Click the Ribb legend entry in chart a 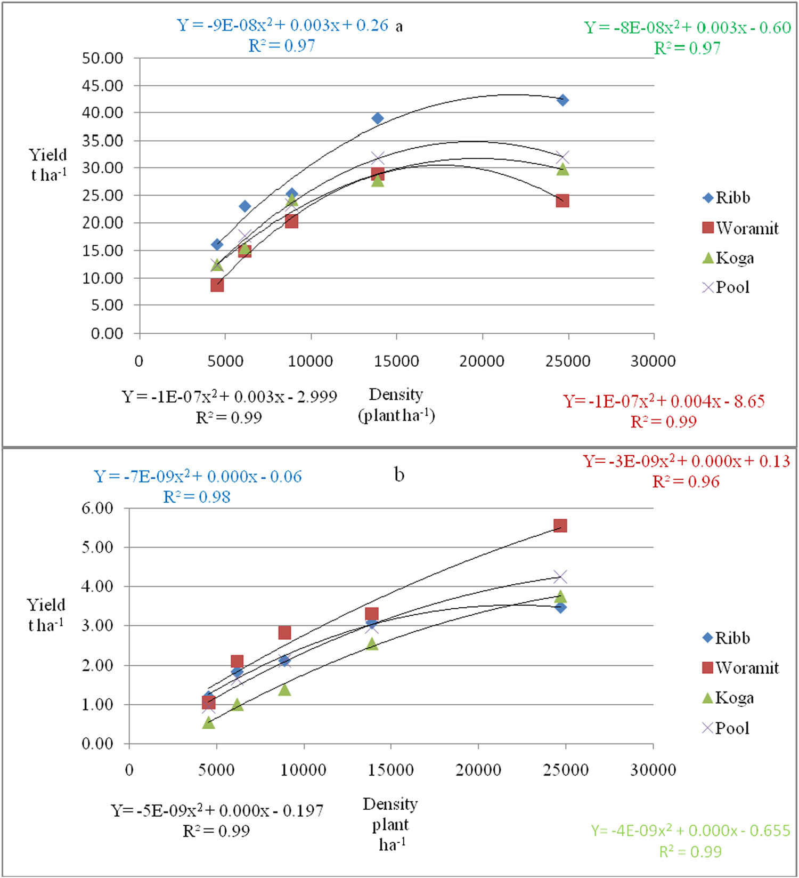[727, 198]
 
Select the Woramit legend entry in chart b [740, 668]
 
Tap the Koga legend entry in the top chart [729, 258]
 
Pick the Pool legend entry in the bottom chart [726, 728]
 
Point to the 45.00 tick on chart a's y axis [102, 85]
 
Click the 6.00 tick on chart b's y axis [97, 508]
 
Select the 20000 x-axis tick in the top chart [482, 361]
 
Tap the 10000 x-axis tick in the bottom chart [303, 770]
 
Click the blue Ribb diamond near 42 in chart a [562, 100]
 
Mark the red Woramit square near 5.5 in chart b [560, 526]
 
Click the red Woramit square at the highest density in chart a [562, 201]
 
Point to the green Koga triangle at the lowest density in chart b [208, 723]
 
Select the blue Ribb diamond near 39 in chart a [378, 118]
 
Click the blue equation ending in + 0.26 [282, 26]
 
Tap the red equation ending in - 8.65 [664, 401]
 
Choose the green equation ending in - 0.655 [690, 831]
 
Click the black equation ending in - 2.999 [229, 397]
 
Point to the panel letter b [399, 474]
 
